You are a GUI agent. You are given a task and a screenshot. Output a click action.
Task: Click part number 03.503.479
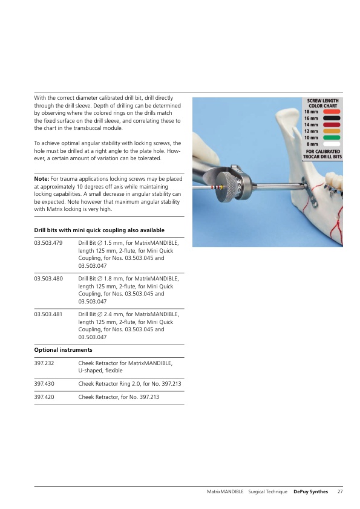[48, 243]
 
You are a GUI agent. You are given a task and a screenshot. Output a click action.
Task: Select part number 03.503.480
[48, 279]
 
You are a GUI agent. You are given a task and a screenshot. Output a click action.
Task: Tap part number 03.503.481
[48, 314]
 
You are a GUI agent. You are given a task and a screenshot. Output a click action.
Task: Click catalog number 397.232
[44, 363]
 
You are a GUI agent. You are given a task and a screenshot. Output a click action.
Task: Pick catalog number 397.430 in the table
[44, 384]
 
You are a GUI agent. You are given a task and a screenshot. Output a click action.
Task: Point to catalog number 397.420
[44, 397]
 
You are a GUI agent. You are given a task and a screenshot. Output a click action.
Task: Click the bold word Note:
[42, 179]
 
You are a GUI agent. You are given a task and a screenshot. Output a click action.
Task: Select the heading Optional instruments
[63, 350]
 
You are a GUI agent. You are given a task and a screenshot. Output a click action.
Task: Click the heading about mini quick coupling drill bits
[99, 230]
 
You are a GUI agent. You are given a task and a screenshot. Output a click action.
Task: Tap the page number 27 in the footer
[340, 492]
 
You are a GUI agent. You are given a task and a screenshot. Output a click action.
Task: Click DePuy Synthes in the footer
[310, 492]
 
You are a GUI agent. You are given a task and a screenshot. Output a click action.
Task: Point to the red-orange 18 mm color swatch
[332, 112]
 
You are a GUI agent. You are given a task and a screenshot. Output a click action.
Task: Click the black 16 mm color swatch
[332, 118]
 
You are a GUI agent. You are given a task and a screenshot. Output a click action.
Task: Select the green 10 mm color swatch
[332, 138]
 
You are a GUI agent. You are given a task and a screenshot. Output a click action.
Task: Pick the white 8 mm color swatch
[332, 144]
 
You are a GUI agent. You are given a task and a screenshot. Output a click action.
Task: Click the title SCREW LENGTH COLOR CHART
[322, 103]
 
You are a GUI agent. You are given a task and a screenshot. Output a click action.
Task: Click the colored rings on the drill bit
[217, 187]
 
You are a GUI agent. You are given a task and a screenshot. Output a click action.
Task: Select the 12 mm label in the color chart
[311, 131]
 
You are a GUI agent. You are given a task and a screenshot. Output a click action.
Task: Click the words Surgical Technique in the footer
[267, 492]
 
